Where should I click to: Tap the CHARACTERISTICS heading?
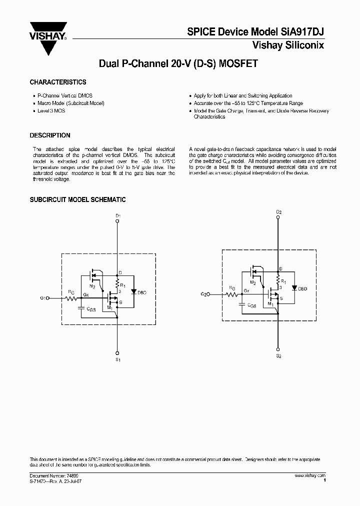tap(58, 82)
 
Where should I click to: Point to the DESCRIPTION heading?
tap(50, 135)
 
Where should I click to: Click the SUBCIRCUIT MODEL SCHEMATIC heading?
tap(77, 200)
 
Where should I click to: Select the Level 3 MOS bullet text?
tap(51, 110)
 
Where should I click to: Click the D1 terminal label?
tap(118, 215)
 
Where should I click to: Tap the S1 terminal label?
tap(118, 359)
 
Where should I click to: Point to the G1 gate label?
tap(43, 298)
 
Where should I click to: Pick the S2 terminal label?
tap(279, 356)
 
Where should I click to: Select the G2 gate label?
tap(204, 294)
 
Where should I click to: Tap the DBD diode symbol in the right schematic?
tap(293, 287)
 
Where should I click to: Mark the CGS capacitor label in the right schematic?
tap(251, 305)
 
